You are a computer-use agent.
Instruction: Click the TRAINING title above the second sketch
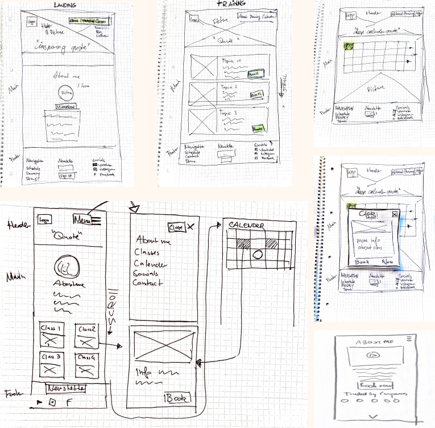229,4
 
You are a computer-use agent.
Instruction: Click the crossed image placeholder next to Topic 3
201,120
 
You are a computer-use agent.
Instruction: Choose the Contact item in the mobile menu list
148,282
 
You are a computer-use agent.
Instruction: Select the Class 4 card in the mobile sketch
87,364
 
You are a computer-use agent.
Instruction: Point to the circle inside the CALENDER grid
256,254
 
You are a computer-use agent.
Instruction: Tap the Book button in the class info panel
177,398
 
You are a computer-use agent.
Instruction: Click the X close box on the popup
394,214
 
